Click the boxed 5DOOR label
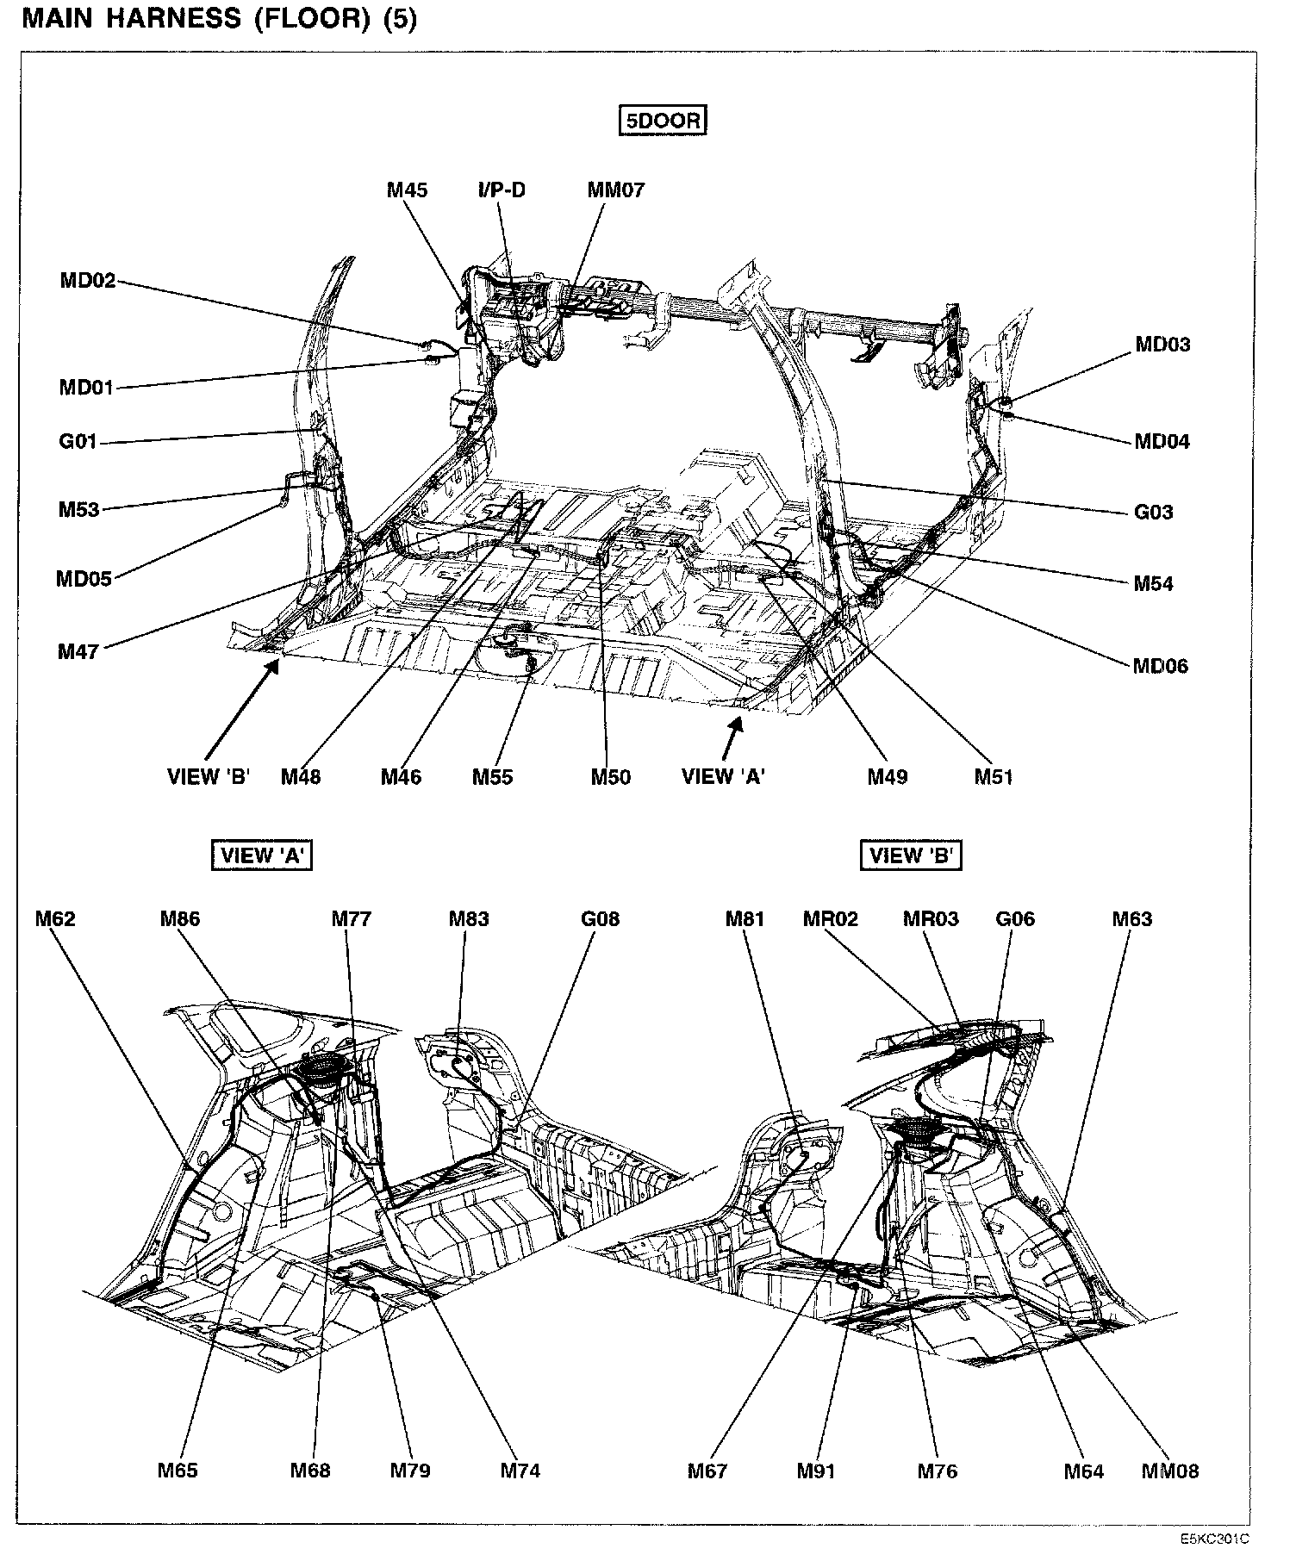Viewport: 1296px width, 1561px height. point(663,121)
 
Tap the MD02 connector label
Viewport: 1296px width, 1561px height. point(87,281)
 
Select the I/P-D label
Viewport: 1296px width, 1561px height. point(502,190)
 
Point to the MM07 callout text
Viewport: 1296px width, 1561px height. point(615,190)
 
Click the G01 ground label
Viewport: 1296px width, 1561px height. point(78,443)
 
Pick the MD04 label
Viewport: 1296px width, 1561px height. point(1162,442)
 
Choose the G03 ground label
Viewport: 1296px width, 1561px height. point(1153,513)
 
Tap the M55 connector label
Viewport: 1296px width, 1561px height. point(492,777)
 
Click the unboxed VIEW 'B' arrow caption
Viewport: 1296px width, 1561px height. point(209,777)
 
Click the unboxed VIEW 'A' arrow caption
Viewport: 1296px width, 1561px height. point(723,777)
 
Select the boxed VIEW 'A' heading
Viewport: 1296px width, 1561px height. point(261,855)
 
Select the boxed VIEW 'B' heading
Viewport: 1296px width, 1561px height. point(911,855)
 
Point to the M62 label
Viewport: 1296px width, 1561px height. point(55,919)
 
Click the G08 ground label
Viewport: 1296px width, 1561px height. point(600,919)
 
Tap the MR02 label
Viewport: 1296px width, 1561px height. point(831,919)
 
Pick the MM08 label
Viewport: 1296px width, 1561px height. point(1169,1471)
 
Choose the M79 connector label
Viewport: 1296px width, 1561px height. point(410,1471)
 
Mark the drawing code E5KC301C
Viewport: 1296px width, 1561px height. point(1215,1539)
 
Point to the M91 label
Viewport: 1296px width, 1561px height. point(816,1471)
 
